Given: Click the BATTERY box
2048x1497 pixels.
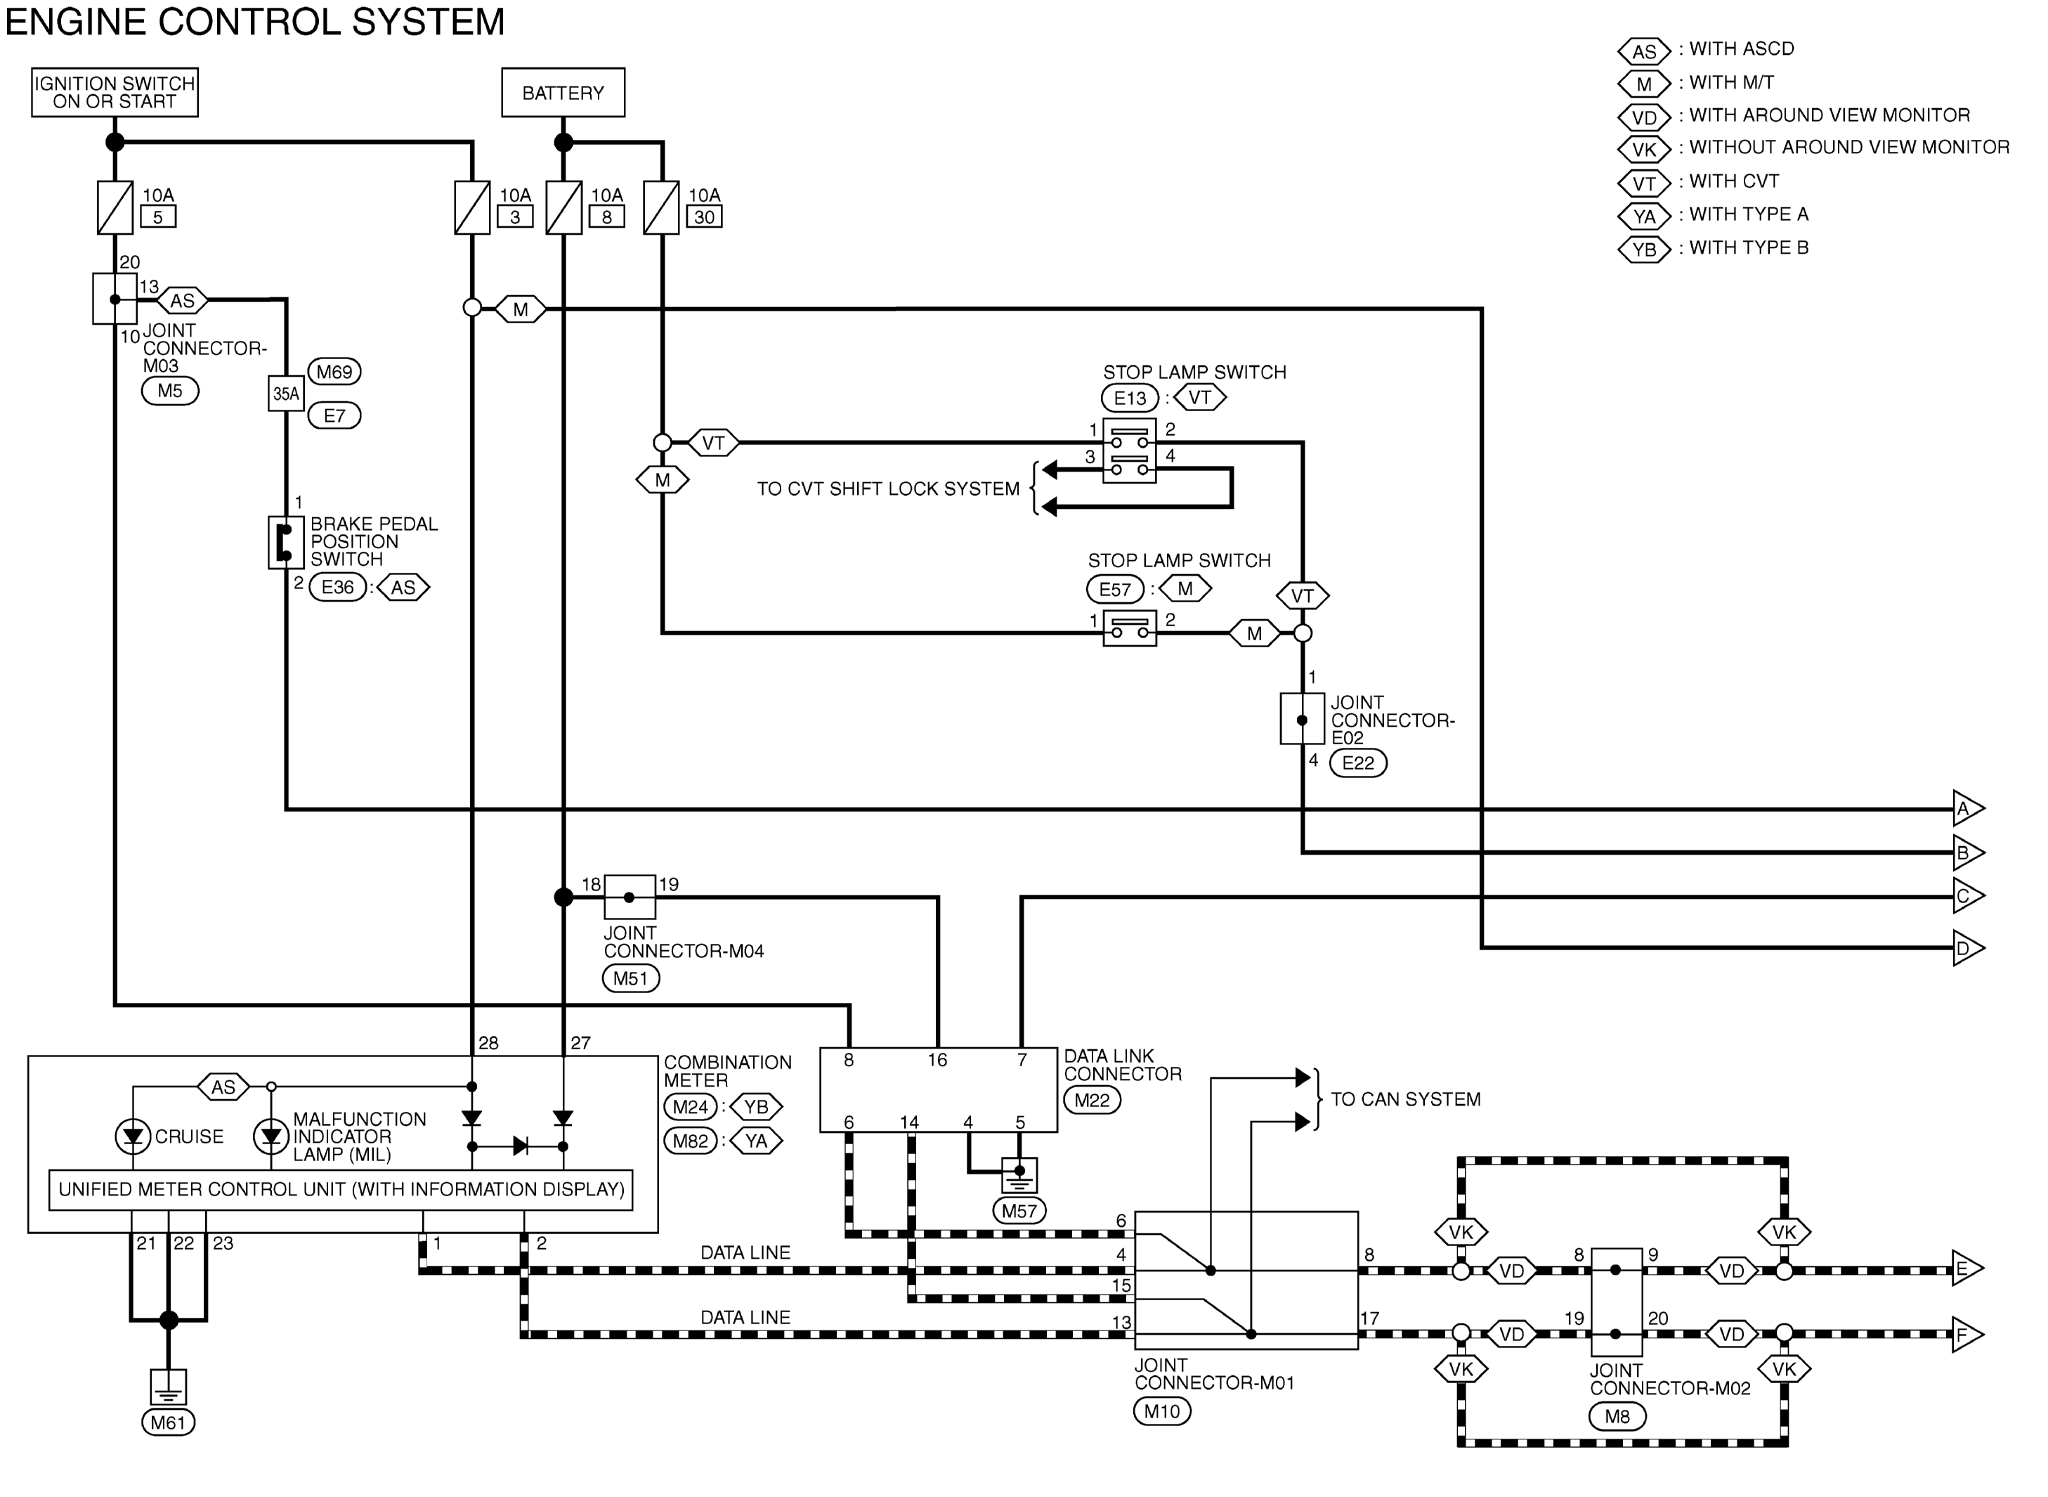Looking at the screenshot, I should [x=563, y=93].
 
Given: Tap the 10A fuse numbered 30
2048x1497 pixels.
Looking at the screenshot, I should [x=661, y=207].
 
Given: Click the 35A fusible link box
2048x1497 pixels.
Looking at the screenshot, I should [x=285, y=394].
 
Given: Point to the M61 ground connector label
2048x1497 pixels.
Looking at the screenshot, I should [x=169, y=1423].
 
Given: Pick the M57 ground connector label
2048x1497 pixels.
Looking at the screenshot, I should [x=1019, y=1211].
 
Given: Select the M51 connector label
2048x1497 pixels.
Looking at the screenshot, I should [x=630, y=978].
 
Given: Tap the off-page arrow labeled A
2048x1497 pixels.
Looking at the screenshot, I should [x=1967, y=808].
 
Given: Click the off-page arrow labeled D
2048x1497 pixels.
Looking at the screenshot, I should [x=1967, y=949].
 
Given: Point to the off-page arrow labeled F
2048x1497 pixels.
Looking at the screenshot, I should [x=1967, y=1335].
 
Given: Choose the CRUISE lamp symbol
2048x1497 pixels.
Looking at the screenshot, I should [x=133, y=1136].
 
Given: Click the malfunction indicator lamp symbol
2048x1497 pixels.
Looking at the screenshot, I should [x=270, y=1136].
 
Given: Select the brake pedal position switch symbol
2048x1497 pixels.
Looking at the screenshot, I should [x=285, y=543].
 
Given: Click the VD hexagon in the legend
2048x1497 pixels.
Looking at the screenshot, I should [x=1644, y=117].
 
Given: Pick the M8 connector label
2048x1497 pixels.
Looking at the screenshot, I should [x=1617, y=1416].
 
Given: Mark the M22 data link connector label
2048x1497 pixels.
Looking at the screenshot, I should [x=1092, y=1100].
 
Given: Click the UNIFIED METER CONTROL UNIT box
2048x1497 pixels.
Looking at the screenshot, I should [x=341, y=1190].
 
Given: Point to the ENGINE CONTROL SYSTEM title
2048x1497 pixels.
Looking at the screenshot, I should [x=256, y=22].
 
